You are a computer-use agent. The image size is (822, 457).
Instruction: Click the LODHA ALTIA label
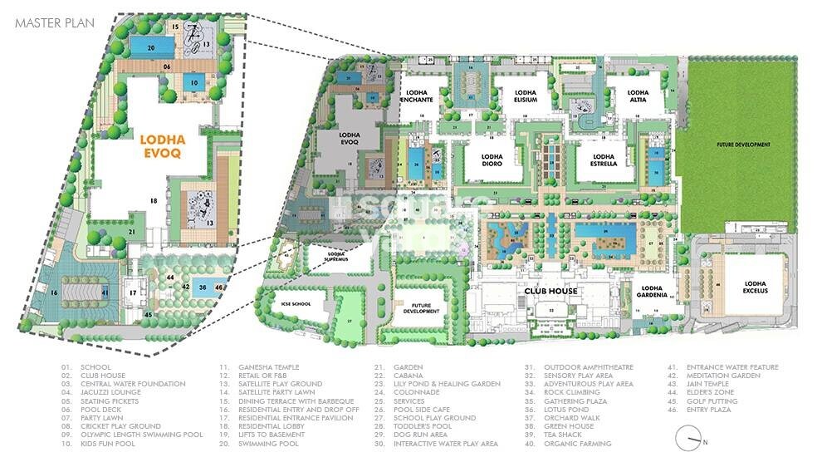point(638,96)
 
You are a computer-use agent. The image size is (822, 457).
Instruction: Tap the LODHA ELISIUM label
point(526,96)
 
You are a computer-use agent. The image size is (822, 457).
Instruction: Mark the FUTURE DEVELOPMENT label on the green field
point(744,145)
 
